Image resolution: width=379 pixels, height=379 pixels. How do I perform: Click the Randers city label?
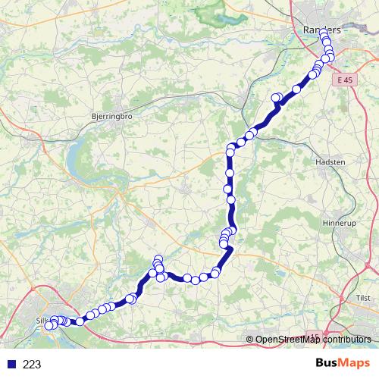tap(319, 28)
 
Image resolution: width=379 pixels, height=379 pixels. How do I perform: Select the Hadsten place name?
tap(330, 161)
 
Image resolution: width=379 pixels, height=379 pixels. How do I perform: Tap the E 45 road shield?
tap(347, 79)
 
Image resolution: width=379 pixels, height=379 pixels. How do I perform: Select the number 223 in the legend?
tap(32, 365)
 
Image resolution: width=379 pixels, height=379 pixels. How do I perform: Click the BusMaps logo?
tap(342, 364)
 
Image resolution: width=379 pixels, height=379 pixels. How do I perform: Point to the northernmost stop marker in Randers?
tap(324, 34)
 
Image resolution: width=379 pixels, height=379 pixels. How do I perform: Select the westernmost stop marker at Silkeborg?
tap(49, 326)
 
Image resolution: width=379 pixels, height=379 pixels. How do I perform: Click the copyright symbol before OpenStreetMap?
tap(250, 339)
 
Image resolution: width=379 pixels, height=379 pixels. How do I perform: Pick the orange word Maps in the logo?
tap(353, 364)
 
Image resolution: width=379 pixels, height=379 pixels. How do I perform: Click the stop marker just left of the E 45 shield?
tap(325, 58)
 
